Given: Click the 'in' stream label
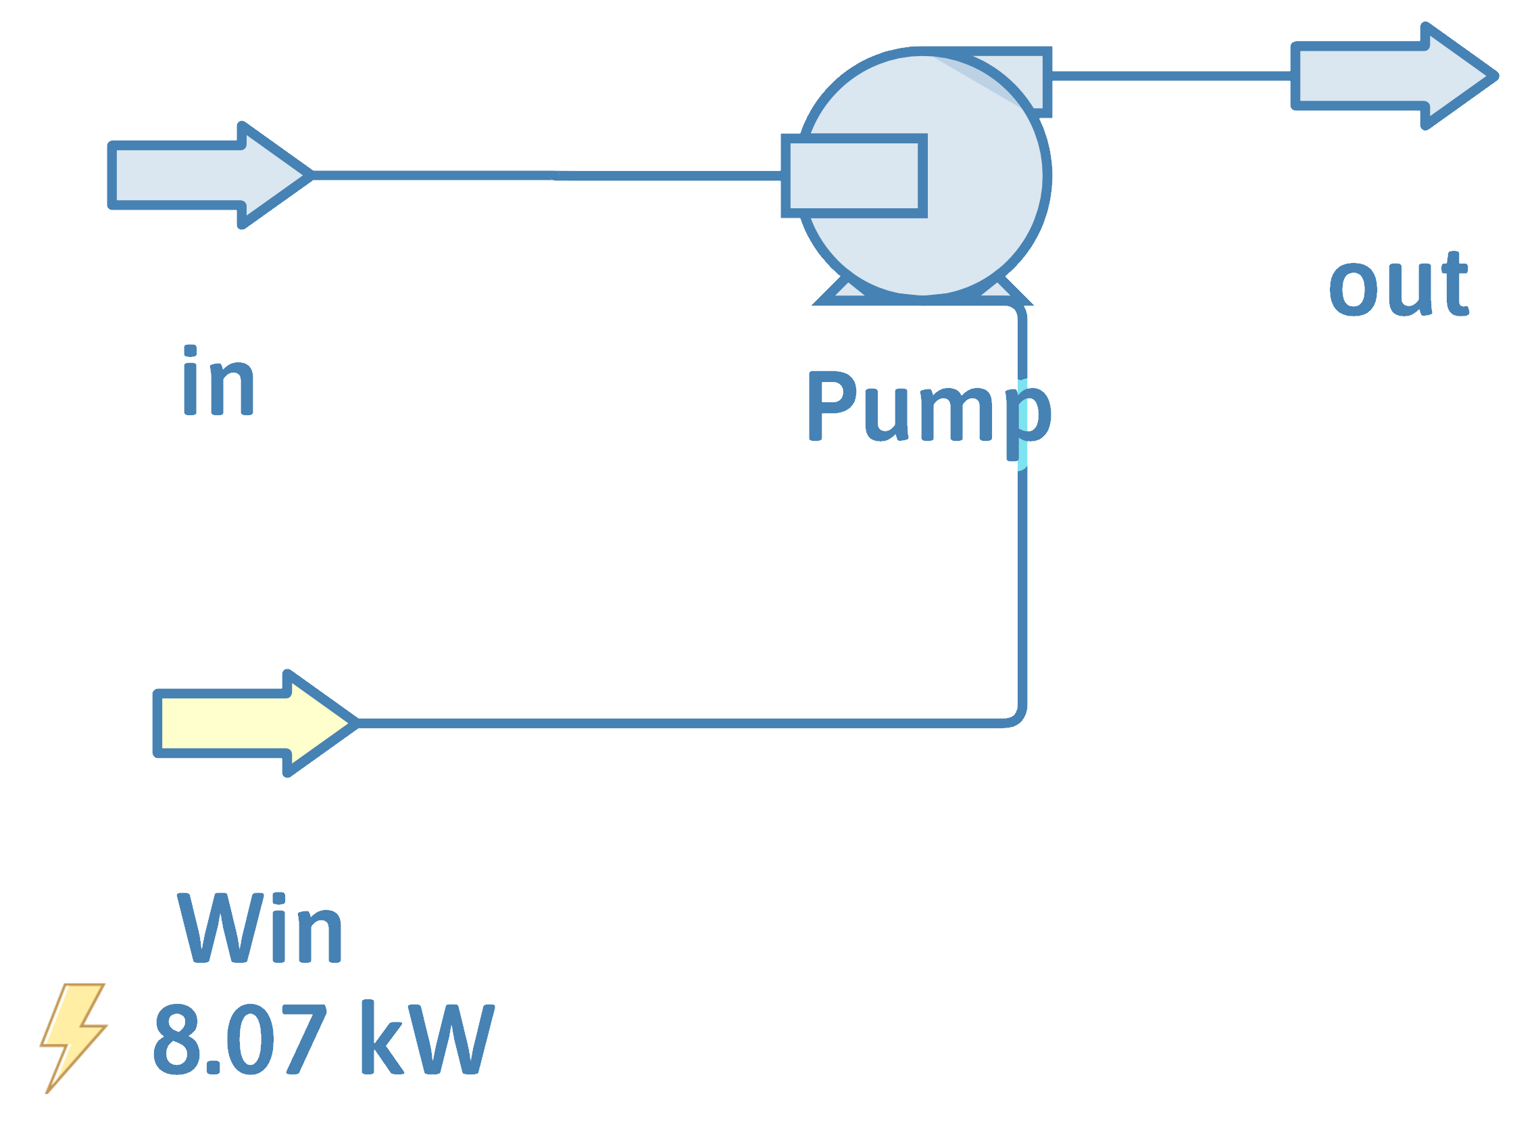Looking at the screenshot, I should click(x=218, y=381).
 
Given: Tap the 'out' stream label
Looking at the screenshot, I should click(x=1399, y=284).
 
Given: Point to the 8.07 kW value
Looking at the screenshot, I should click(x=324, y=1038).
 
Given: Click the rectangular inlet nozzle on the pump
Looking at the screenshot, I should click(x=853, y=176).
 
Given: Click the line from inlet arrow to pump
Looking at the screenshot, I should click(x=543, y=176).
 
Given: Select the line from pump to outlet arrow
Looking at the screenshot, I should click(x=1168, y=76).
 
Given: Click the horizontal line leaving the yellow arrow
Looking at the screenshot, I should click(x=679, y=723).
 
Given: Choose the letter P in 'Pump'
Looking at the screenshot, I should click(x=833, y=406).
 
